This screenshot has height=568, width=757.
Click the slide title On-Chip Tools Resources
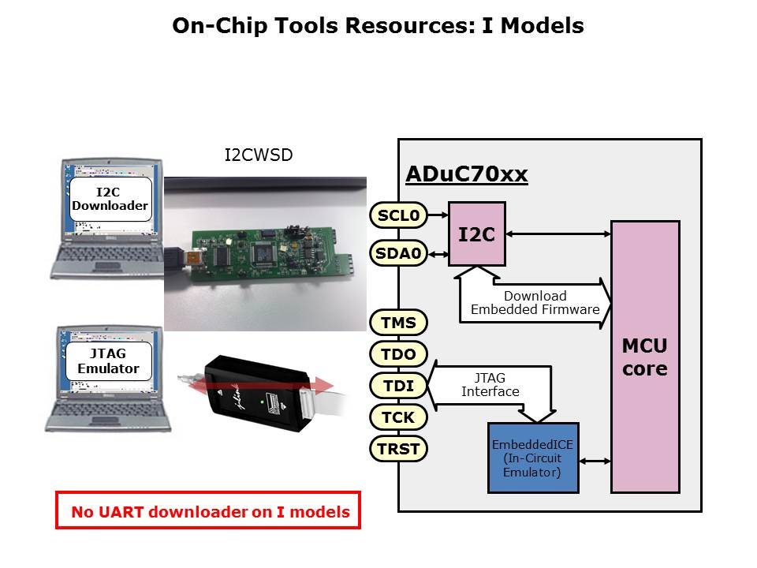tap(378, 26)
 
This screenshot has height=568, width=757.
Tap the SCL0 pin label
tap(398, 215)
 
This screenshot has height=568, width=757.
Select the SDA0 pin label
tap(398, 253)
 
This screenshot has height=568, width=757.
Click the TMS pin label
tap(398, 323)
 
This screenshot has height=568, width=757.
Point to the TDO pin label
tap(398, 354)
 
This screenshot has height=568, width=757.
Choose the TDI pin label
tap(398, 386)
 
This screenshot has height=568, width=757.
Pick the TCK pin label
tap(398, 417)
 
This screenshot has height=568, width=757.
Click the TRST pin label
tap(398, 449)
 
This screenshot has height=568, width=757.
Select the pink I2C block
tap(477, 234)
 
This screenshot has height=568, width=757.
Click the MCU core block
tap(645, 357)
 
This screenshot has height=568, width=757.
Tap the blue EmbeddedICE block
tap(532, 458)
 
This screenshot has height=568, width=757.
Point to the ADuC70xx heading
tap(466, 174)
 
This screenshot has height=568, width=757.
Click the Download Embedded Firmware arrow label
tap(535, 303)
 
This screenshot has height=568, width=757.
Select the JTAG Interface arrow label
tap(490, 384)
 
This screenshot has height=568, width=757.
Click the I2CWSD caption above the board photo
tap(259, 155)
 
